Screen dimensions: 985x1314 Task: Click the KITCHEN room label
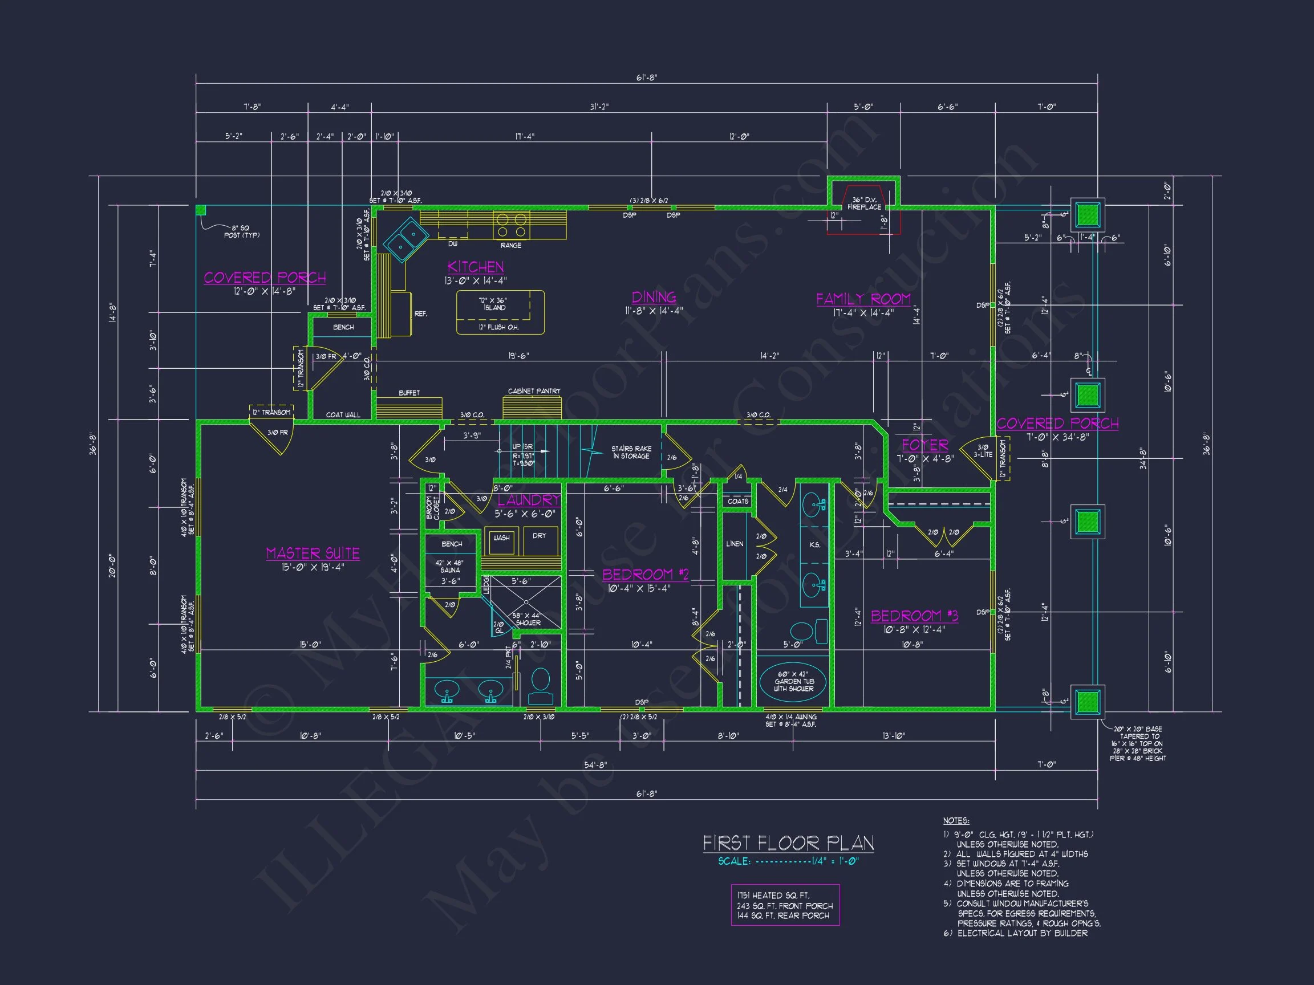pyautogui.click(x=475, y=267)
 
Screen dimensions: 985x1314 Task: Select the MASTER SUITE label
pyautogui.click(x=313, y=553)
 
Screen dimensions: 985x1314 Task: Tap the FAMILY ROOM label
pyautogui.click(x=863, y=299)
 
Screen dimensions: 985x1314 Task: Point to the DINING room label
pyautogui.click(x=654, y=298)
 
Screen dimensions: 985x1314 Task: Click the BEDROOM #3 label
pyautogui.click(x=914, y=616)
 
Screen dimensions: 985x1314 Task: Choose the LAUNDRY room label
pyautogui.click(x=528, y=500)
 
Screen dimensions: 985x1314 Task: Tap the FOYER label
pyautogui.click(x=925, y=445)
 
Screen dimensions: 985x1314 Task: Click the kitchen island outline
pyautogui.click(x=500, y=312)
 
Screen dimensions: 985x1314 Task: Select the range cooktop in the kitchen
pyautogui.click(x=512, y=226)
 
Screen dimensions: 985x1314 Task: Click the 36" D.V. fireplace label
pyautogui.click(x=865, y=203)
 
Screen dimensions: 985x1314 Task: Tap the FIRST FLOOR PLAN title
pyautogui.click(x=788, y=843)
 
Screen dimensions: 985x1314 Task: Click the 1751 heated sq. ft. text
pyautogui.click(x=773, y=896)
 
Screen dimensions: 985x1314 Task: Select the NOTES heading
pyautogui.click(x=956, y=820)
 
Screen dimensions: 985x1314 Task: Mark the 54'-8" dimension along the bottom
pyautogui.click(x=595, y=765)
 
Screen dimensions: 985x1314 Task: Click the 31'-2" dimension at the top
pyautogui.click(x=599, y=107)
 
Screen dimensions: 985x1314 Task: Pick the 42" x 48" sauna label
pyautogui.click(x=449, y=567)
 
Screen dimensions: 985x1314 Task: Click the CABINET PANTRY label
pyautogui.click(x=534, y=391)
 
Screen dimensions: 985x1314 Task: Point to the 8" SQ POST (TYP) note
pyautogui.click(x=242, y=231)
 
